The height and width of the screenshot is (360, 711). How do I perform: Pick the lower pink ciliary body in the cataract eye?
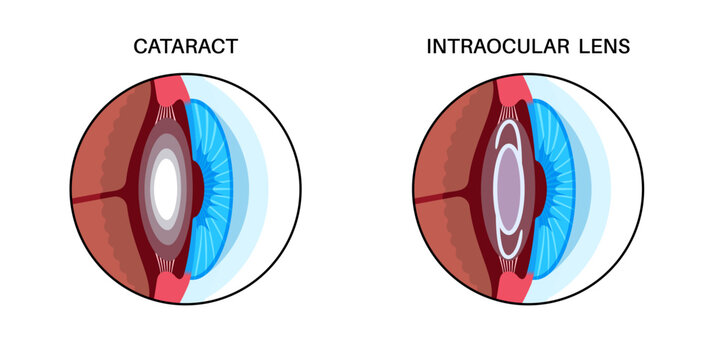(x=172, y=284)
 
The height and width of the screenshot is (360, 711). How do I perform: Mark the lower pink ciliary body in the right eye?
(x=513, y=284)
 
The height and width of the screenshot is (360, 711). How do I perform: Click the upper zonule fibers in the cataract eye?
(x=173, y=116)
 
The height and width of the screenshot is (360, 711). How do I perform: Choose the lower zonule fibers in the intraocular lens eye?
(x=515, y=259)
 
